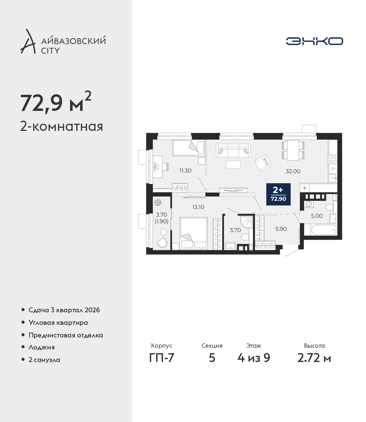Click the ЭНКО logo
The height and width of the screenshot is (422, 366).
click(314, 41)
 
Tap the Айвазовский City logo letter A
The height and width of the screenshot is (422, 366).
click(28, 41)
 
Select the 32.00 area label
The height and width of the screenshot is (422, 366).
click(293, 171)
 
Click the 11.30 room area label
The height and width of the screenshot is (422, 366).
click(185, 171)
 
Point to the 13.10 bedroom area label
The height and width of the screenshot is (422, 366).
click(198, 207)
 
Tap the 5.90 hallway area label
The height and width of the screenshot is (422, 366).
click(281, 229)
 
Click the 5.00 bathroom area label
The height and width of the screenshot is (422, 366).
click(317, 216)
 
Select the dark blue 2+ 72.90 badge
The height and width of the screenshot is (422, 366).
click(278, 194)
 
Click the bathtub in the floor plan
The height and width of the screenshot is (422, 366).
click(324, 230)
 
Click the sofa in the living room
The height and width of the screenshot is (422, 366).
click(233, 151)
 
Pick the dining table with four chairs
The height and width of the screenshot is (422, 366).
click(293, 150)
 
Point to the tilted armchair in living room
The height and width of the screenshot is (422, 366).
click(263, 163)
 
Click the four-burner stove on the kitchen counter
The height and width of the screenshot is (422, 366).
click(333, 159)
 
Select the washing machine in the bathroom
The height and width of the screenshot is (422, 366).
click(308, 204)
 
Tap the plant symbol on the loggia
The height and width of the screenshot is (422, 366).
click(158, 202)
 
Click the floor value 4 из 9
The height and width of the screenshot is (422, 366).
click(254, 363)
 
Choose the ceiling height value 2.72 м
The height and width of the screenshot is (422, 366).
click(314, 363)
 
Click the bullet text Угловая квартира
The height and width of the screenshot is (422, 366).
click(58, 323)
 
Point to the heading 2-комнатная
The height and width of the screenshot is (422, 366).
click(61, 127)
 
